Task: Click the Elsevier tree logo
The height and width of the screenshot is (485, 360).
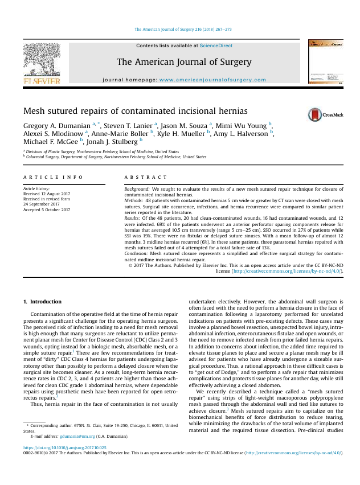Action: tap(41, 63)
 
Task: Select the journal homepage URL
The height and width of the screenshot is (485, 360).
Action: tap(212, 80)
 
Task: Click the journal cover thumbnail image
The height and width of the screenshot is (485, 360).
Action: tap(325, 63)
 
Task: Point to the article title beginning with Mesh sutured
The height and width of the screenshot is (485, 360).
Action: tap(135, 110)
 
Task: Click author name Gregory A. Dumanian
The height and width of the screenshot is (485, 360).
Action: tap(56, 125)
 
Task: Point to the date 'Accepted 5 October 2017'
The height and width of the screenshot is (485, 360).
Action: tap(47, 209)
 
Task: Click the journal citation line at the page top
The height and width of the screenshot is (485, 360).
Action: tap(182, 28)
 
